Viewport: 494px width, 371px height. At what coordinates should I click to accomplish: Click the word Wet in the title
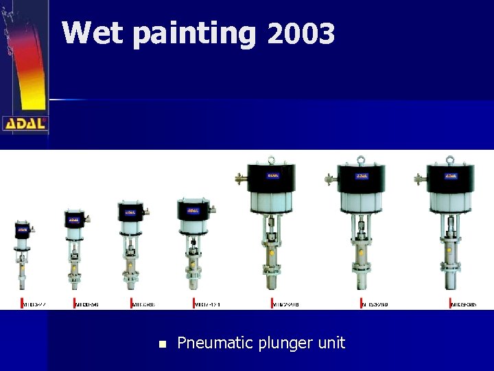point(91,32)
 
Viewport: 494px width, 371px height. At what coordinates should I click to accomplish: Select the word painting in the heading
point(193,34)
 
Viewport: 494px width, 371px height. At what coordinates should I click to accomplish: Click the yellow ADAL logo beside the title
point(25,123)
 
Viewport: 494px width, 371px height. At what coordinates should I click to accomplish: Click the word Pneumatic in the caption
point(213,343)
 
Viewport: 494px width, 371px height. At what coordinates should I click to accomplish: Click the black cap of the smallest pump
point(23,229)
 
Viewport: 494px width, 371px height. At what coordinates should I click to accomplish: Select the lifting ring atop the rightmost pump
point(450,160)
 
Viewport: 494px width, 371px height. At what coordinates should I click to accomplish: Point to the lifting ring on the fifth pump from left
point(272,159)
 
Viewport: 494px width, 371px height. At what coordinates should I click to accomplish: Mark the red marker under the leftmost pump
point(21,303)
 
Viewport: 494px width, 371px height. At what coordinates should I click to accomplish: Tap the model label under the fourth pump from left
point(208,304)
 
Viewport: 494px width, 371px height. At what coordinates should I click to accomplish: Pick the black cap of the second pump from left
point(73,220)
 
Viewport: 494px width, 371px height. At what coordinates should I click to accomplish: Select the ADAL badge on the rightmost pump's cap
point(450,176)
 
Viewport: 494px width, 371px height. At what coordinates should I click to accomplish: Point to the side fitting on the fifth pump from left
point(239,181)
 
